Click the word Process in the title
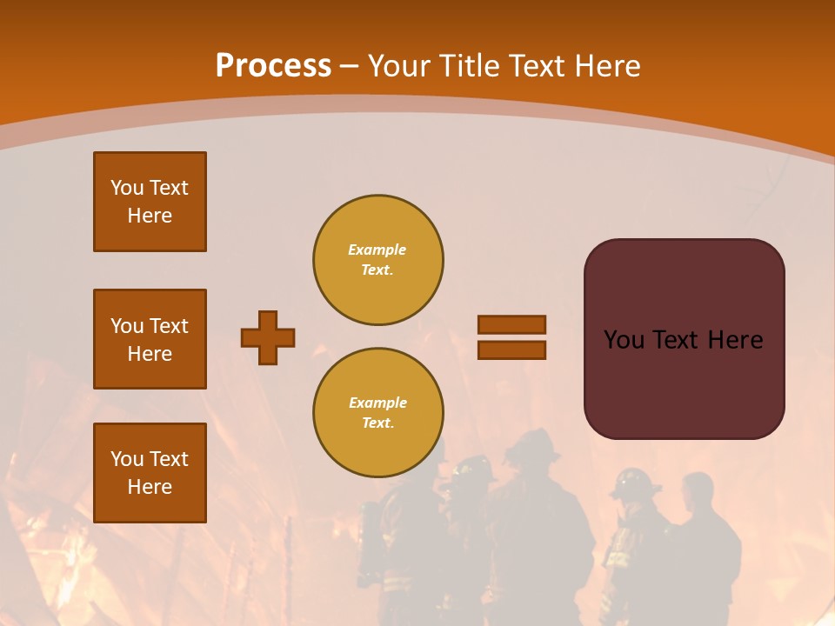[x=273, y=66]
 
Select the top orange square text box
[x=150, y=202]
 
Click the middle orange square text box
[x=150, y=339]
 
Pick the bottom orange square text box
[x=150, y=473]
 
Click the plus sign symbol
[x=268, y=337]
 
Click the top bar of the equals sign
[x=511, y=325]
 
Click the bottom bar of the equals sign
[x=511, y=350]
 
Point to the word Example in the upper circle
[x=377, y=250]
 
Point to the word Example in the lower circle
[x=377, y=403]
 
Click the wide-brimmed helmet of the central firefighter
[x=532, y=445]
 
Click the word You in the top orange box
[x=127, y=188]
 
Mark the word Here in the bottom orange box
[x=150, y=487]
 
